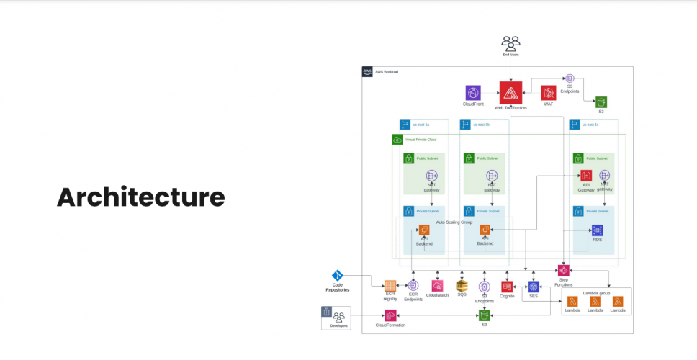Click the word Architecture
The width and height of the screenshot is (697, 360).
point(140,197)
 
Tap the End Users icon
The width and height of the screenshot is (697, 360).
point(511,43)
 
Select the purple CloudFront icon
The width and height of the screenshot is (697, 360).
point(473,93)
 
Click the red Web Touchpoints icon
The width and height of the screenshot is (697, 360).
point(511,92)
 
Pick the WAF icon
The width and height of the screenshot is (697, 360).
point(549,93)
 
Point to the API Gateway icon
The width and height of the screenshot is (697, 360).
point(586,176)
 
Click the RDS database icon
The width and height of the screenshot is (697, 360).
point(597,230)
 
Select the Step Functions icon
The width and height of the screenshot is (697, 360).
point(563,271)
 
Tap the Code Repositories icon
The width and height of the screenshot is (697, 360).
point(338,276)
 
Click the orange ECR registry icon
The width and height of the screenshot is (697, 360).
point(390,286)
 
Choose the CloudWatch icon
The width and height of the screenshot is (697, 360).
point(437,286)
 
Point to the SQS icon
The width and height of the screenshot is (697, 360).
point(462,286)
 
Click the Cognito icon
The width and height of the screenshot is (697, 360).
point(507,287)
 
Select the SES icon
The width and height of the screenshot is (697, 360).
point(534,287)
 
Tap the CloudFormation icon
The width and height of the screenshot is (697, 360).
point(390,315)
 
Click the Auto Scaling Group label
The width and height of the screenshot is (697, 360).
point(454,222)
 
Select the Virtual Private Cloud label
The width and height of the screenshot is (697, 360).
point(421,139)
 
